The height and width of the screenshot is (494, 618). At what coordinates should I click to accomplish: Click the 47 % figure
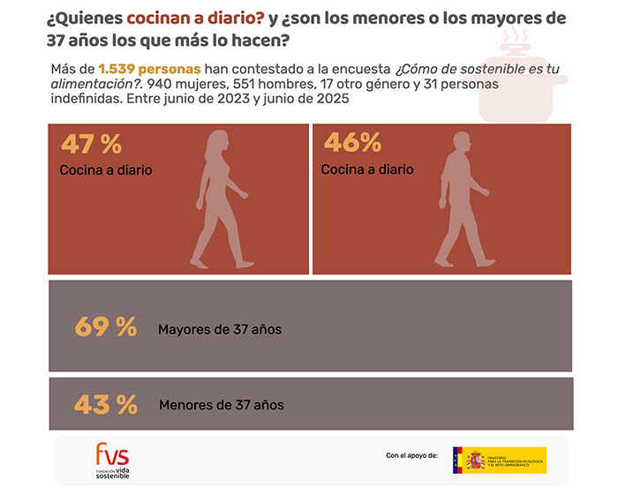91,144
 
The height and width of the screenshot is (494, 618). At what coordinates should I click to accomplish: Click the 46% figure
352,143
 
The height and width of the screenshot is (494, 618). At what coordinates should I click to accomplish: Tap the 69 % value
105,327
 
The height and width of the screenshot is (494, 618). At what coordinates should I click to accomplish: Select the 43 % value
105,405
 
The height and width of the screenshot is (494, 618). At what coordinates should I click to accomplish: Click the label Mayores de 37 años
220,329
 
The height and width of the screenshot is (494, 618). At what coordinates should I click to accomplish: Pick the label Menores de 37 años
222,406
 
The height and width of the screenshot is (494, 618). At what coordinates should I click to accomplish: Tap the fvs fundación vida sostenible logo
112,460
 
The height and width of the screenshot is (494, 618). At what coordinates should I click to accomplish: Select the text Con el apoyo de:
411,456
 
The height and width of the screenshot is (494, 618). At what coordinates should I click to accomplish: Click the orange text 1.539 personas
149,69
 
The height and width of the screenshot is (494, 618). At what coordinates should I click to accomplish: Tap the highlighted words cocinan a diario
195,19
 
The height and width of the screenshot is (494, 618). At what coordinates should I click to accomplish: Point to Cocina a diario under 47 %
106,170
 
